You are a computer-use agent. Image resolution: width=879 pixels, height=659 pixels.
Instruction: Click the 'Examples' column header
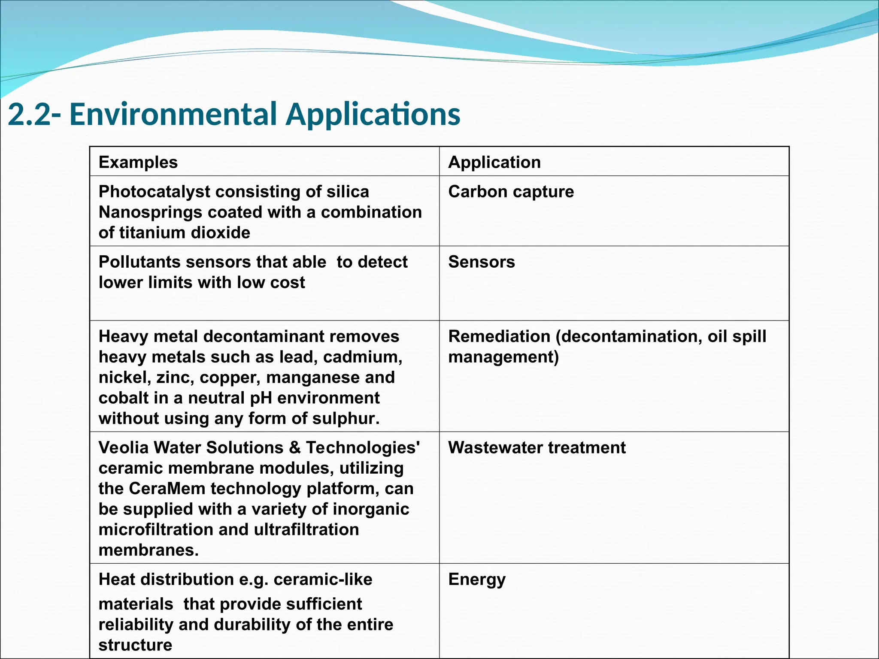pos(138,163)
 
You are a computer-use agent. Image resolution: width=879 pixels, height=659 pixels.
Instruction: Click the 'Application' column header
pos(494,163)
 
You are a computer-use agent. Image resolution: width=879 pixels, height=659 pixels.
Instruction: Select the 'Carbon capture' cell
pos(511,192)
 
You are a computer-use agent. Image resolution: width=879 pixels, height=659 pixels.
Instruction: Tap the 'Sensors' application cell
pos(482,262)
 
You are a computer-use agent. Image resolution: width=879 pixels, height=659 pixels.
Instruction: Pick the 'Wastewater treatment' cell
pos(537,448)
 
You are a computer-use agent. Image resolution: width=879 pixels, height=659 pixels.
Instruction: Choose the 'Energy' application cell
pos(477,580)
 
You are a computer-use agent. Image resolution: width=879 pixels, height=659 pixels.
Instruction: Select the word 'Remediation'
pos(499,337)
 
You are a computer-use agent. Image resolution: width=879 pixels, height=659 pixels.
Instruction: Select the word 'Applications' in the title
pos(373,115)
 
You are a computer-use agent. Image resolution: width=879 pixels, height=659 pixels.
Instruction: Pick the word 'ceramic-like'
pos(323,580)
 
